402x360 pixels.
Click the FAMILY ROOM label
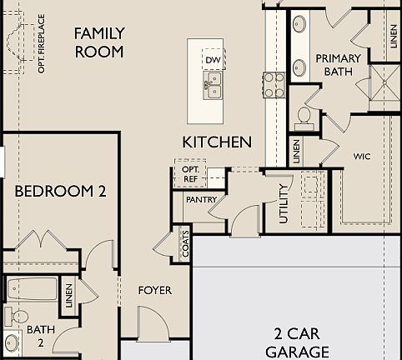pos(99,42)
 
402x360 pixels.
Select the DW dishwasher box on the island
pos(213,60)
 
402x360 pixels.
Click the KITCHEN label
pos(217,142)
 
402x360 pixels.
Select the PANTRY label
pos(201,201)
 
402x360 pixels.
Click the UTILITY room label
pos(284,202)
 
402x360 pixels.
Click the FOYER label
pos(155,290)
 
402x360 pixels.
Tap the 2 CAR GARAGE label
pos(301,342)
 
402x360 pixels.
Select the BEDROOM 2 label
pos(61,191)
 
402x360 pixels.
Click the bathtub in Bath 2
pos(32,290)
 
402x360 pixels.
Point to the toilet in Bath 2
pos(15,317)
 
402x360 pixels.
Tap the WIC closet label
pos(362,156)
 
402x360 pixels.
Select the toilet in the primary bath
pos(304,114)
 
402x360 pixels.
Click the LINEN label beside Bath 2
pos(69,293)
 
